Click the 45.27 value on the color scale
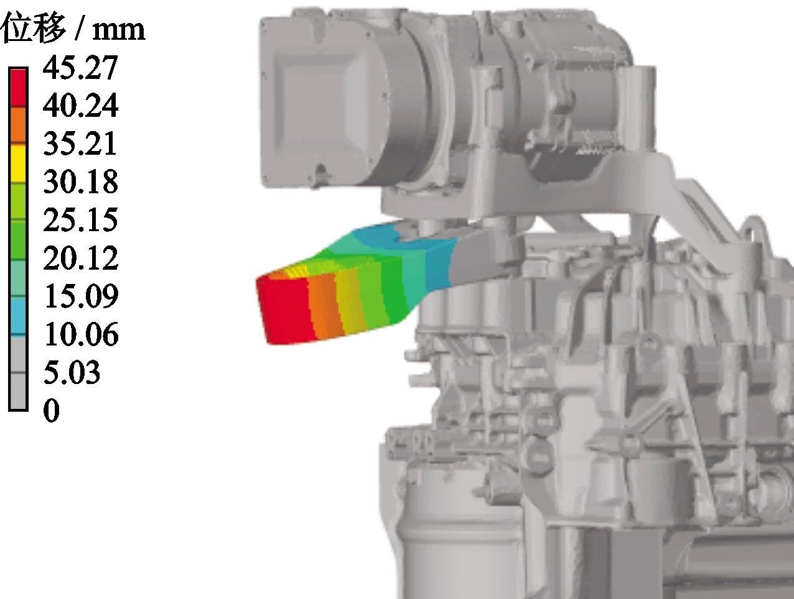click(80, 68)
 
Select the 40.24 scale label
click(81, 106)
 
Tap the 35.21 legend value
click(80, 144)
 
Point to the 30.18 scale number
click(81, 181)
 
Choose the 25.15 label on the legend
click(81, 219)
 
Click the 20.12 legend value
click(81, 258)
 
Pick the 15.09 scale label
click(81, 296)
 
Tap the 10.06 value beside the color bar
click(81, 334)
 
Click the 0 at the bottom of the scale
click(51, 410)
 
